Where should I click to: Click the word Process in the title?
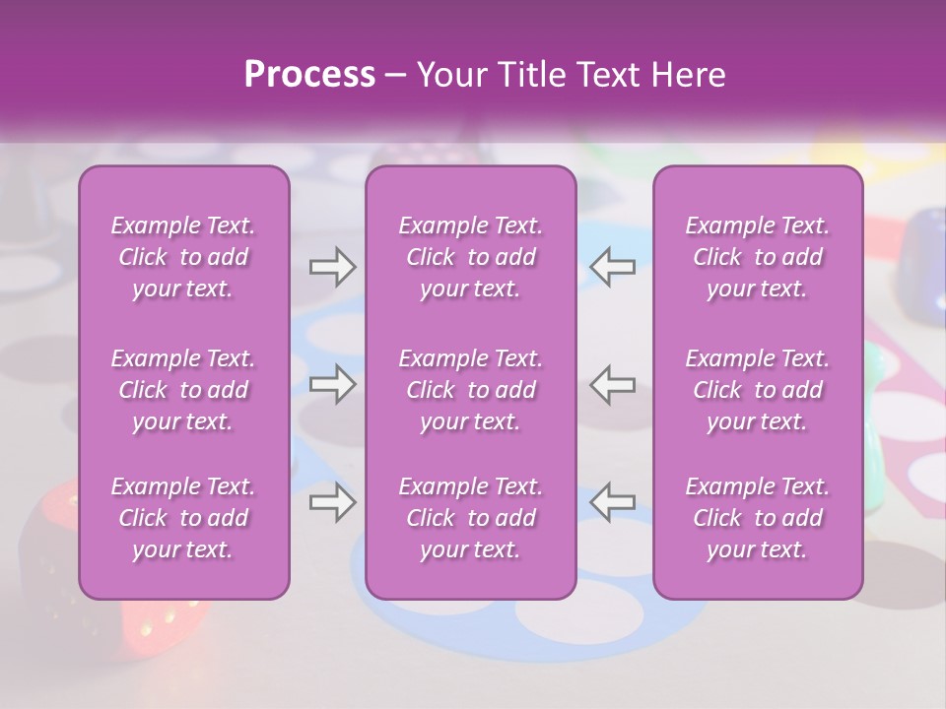[x=308, y=74]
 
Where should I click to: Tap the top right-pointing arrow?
[x=333, y=266]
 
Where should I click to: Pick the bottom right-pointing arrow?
[x=333, y=501]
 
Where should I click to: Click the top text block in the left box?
[x=183, y=257]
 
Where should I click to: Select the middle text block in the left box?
[x=183, y=390]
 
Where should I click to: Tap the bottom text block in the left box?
[x=183, y=518]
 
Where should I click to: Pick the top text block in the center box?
[x=471, y=257]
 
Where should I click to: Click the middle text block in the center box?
[x=471, y=390]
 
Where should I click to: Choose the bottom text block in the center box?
[x=471, y=518]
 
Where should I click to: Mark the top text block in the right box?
[x=758, y=257]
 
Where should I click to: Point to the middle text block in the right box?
[x=758, y=390]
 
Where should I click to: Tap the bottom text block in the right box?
[x=758, y=518]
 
